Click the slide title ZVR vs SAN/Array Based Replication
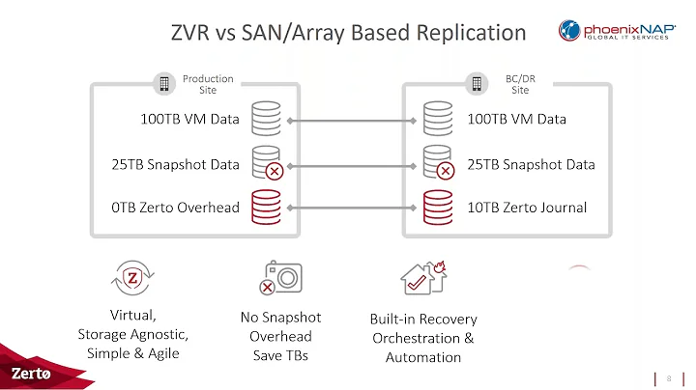pos(348,33)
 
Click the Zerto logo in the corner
pos(32,373)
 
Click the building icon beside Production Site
pos(164,84)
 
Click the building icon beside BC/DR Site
pos(477,84)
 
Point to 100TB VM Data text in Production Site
pos(189,121)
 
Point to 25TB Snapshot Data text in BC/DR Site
pos(531,164)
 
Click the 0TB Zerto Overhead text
pos(176,208)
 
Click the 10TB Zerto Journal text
pos(526,208)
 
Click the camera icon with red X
pos(281,279)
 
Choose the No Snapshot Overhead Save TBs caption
pos(280,336)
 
